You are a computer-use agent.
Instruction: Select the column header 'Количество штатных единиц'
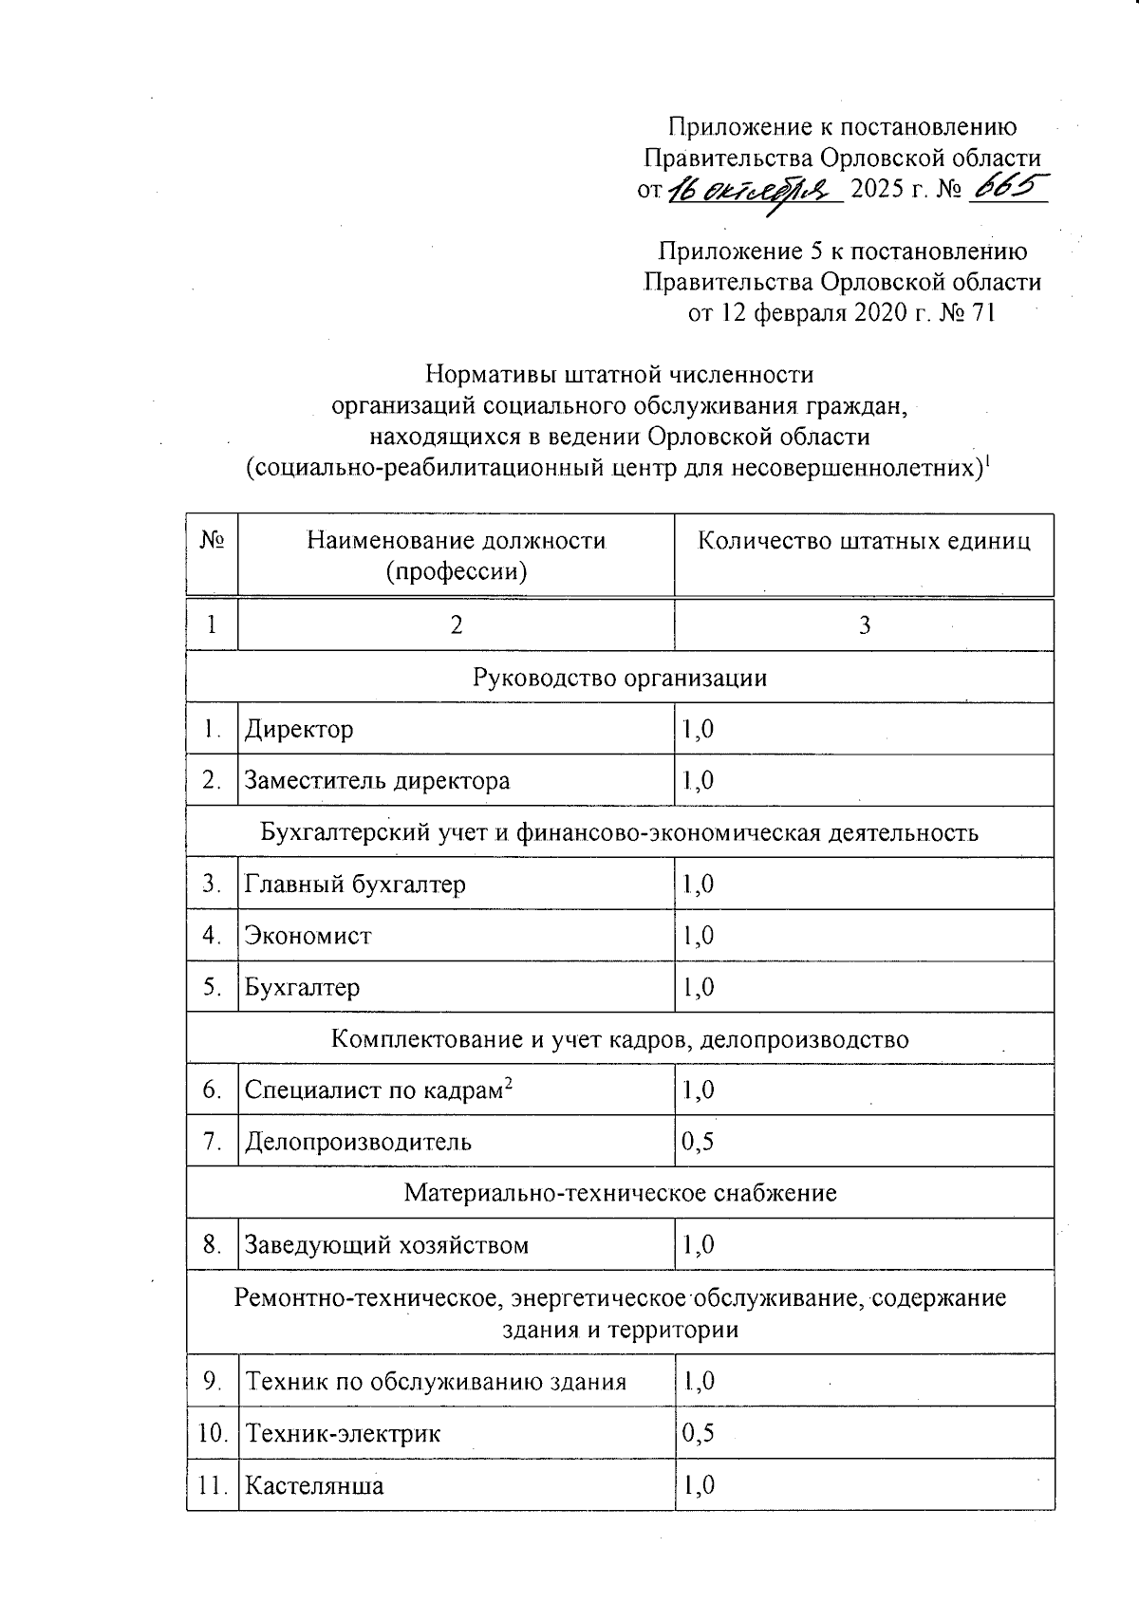(x=864, y=542)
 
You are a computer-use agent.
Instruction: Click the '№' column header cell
(x=212, y=542)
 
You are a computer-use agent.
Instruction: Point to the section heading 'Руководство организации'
(x=620, y=678)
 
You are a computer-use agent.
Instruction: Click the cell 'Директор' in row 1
(x=300, y=730)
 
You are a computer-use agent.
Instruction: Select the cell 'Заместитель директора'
(x=378, y=781)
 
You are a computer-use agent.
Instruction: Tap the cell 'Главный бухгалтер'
(x=356, y=885)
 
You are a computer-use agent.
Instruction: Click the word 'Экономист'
(x=308, y=936)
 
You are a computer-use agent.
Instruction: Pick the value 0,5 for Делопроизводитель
(x=698, y=1142)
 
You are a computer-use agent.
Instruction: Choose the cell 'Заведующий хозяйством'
(x=387, y=1245)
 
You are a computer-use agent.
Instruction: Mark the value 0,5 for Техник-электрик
(x=698, y=1433)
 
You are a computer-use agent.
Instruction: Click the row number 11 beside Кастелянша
(x=213, y=1485)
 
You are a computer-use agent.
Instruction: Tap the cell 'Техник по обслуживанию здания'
(x=437, y=1382)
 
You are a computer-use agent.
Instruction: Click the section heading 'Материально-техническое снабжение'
(x=620, y=1193)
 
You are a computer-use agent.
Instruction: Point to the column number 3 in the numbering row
(x=865, y=625)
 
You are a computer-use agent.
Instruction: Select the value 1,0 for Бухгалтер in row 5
(x=698, y=988)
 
